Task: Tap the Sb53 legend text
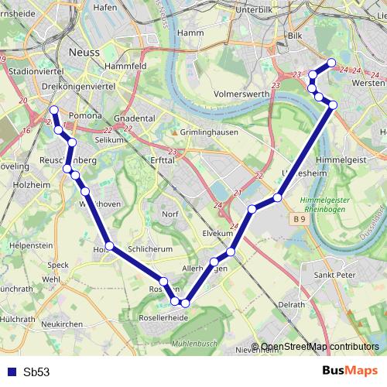pyautogui.click(x=36, y=372)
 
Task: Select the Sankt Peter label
pyautogui.click(x=334, y=275)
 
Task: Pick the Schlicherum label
pyautogui.click(x=149, y=250)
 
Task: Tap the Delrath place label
pyautogui.click(x=291, y=305)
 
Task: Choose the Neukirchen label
pyautogui.click(x=62, y=324)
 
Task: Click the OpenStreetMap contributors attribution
pyautogui.click(x=320, y=347)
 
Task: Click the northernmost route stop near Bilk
pyautogui.click(x=331, y=63)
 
